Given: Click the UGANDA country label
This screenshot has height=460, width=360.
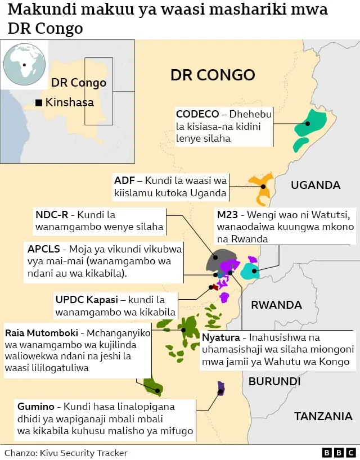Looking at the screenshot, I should pos(316,185).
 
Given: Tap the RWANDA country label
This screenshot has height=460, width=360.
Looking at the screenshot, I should pos(276,305).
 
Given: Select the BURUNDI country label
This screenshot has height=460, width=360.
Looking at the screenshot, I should pos(274,381).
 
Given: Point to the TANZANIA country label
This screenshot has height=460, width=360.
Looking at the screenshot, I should pos(323,416).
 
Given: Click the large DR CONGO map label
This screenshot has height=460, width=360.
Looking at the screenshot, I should pos(213,75).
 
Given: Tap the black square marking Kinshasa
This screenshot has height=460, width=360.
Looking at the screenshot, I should pos(38,103).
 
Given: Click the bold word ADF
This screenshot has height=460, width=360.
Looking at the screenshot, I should pos(124,181).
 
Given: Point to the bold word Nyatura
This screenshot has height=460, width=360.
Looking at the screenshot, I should pos(221,337).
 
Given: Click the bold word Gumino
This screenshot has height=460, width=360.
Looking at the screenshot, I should pos(36,406).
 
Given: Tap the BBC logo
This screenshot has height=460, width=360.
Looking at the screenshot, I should pos(339,452).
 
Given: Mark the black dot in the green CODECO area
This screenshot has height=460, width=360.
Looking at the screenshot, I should pos(308,124).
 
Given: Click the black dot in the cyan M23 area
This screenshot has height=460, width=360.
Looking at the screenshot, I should pos(254,271).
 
